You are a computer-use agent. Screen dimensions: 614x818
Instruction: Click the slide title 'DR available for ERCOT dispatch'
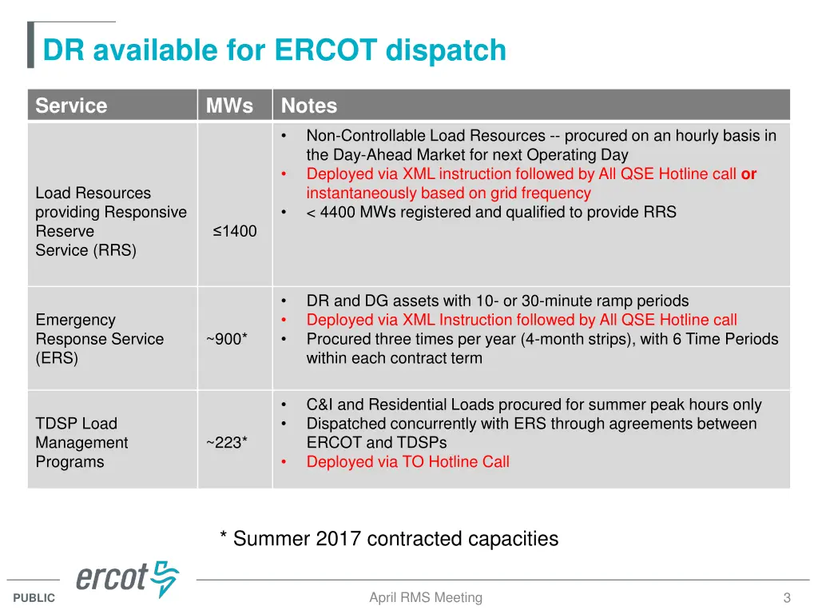point(274,50)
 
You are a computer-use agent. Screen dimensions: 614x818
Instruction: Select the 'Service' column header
point(71,106)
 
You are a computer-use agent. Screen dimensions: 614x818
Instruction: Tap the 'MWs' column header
point(229,106)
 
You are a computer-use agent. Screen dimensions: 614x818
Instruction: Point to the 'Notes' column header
point(309,106)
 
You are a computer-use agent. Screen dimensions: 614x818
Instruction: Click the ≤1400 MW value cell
point(235,231)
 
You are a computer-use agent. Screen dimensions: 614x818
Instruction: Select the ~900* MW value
point(227,339)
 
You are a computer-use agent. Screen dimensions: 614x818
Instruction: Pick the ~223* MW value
point(227,443)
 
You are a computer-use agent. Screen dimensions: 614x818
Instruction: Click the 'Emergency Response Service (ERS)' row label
point(99,339)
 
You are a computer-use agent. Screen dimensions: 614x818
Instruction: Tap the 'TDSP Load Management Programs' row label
point(81,443)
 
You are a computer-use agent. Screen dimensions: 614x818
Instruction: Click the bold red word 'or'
point(749,174)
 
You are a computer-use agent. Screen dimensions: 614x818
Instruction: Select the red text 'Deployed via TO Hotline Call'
point(407,462)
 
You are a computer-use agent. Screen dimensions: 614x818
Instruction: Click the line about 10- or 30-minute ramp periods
point(497,301)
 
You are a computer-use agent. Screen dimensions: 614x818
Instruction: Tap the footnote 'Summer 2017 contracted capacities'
point(389,539)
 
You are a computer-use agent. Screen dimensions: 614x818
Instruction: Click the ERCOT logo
point(128,579)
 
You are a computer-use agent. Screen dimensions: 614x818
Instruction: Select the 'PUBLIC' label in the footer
point(34,598)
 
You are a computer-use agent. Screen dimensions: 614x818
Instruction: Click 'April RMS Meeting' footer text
point(426,597)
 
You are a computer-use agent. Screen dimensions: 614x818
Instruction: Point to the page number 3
point(787,598)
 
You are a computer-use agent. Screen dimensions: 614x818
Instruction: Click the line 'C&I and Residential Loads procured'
point(534,405)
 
